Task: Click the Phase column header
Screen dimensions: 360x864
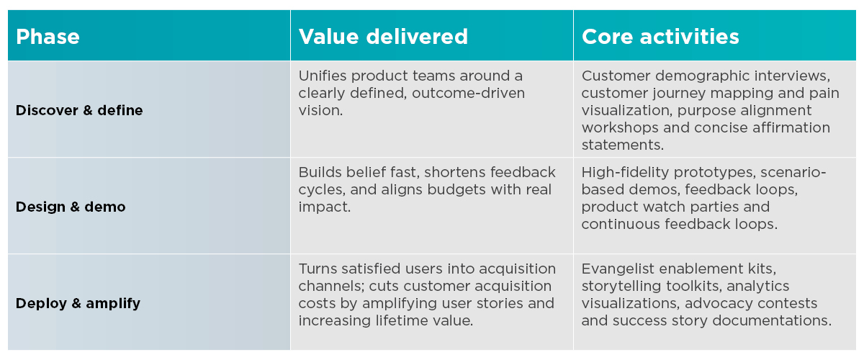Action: tap(48, 37)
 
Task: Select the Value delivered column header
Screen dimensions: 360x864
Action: tap(383, 37)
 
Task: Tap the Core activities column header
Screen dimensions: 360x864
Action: tap(660, 37)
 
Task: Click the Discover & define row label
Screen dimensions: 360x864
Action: tap(79, 110)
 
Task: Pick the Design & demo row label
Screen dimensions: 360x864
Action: tap(71, 207)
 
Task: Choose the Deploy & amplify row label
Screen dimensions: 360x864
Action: tap(78, 303)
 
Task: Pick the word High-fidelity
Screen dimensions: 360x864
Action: tap(626, 172)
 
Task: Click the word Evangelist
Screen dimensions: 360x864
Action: tap(618, 269)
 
